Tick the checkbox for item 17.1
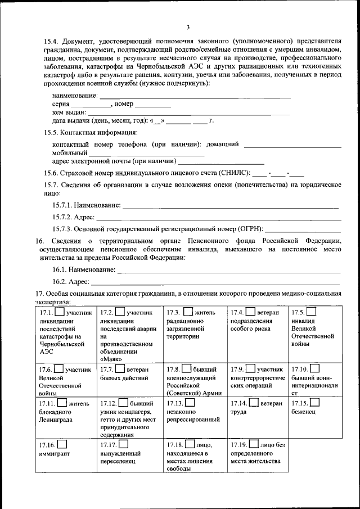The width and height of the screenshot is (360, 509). coord(60,312)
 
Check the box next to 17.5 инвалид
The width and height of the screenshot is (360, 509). coord(310,312)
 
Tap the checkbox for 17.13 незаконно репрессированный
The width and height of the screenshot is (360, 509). coord(190,403)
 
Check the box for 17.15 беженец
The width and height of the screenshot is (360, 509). coord(314,403)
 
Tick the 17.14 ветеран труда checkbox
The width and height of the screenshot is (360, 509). coord(254,403)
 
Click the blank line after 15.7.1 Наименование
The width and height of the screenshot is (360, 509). coord(231,208)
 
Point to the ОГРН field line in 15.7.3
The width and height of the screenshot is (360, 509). coord(303,231)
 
